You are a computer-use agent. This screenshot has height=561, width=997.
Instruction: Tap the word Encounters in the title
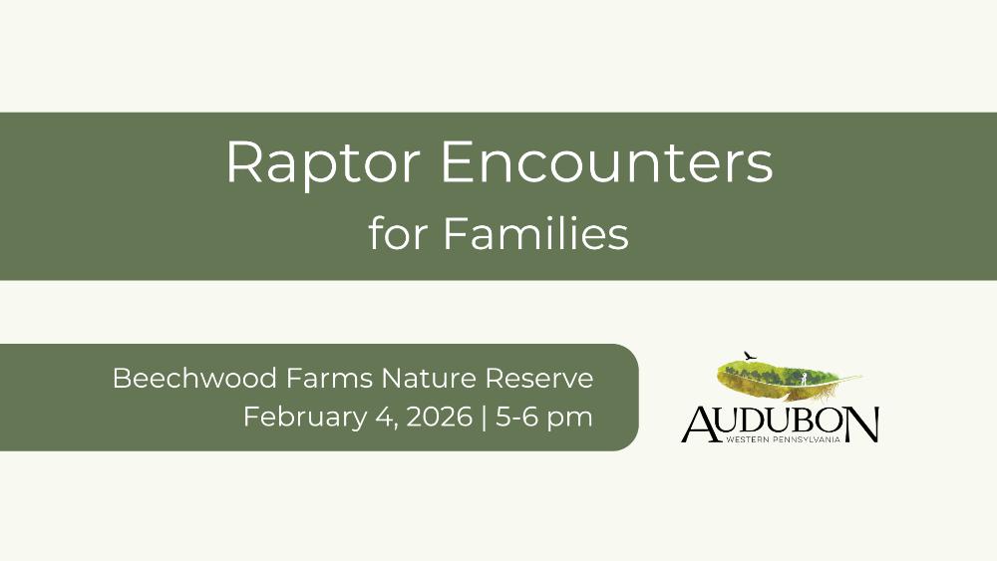(606, 161)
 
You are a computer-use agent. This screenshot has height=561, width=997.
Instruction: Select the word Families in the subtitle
(535, 233)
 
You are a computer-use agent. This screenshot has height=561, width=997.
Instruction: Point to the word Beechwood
(194, 378)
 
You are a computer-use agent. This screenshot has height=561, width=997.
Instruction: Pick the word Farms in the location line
(329, 378)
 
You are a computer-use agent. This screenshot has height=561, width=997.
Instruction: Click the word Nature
(429, 378)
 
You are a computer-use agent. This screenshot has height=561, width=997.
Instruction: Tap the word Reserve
(539, 378)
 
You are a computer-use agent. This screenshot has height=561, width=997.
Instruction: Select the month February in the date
(304, 418)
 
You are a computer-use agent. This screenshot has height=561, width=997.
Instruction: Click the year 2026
(440, 417)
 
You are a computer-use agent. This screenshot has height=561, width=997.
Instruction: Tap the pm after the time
(570, 420)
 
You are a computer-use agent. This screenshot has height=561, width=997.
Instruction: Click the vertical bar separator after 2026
(485, 418)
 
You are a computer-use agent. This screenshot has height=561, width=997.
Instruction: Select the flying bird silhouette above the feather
(751, 355)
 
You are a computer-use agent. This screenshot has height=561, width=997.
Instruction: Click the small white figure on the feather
(804, 379)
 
